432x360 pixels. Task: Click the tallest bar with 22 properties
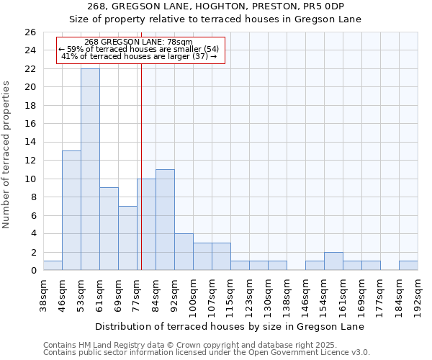pyautogui.click(x=90, y=169)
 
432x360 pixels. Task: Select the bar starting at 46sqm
pyautogui.click(x=71, y=210)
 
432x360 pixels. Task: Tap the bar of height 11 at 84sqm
pyautogui.click(x=165, y=220)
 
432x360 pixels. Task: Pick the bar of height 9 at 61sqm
pyautogui.click(x=109, y=229)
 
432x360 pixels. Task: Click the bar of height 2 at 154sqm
pyautogui.click(x=333, y=261)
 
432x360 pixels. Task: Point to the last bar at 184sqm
pyautogui.click(x=408, y=266)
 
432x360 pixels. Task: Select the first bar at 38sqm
pyautogui.click(x=53, y=266)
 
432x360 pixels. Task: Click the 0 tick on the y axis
pyautogui.click(x=33, y=271)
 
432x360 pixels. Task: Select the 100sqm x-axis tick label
pyautogui.click(x=193, y=293)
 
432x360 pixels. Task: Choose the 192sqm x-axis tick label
pyautogui.click(x=418, y=293)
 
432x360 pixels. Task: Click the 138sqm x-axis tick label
pyautogui.click(x=287, y=293)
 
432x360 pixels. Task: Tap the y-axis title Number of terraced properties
pyautogui.click(x=6, y=155)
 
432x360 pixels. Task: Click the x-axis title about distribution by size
pyautogui.click(x=229, y=326)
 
